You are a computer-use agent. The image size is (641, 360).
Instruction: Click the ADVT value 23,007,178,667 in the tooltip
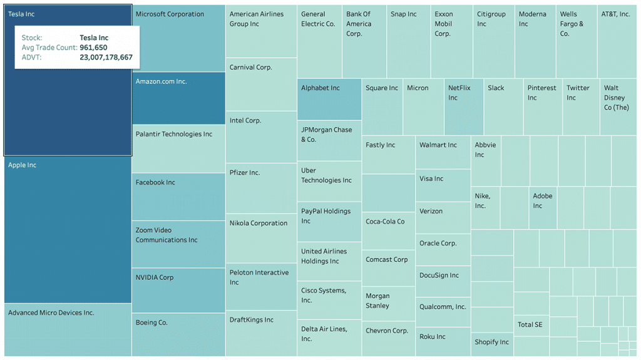(106, 58)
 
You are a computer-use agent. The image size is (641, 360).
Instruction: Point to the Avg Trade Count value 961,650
(93, 48)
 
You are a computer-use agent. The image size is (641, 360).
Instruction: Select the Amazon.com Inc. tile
(178, 98)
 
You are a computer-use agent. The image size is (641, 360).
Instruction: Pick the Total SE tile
(531, 324)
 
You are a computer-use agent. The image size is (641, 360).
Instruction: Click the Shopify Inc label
(491, 342)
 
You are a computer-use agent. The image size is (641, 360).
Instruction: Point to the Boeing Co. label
(151, 323)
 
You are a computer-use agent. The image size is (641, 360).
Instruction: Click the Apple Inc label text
(23, 165)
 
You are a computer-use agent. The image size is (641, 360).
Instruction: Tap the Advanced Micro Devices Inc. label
(51, 313)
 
